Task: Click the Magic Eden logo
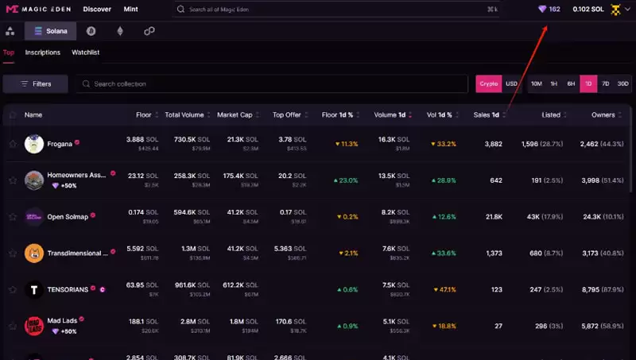point(37,10)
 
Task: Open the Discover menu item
point(97,10)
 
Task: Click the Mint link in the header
point(131,10)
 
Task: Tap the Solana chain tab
point(51,31)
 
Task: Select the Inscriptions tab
point(43,52)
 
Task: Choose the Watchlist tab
point(86,52)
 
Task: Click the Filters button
point(36,83)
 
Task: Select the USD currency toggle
point(512,83)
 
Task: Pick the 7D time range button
point(605,83)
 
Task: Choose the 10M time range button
point(537,83)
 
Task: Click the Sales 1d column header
point(487,115)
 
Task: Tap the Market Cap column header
point(235,115)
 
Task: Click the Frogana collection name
point(60,144)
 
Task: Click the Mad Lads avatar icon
point(34,325)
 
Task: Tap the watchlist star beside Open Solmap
point(13,216)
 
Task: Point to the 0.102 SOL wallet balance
point(588,10)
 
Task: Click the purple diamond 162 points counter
point(549,10)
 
